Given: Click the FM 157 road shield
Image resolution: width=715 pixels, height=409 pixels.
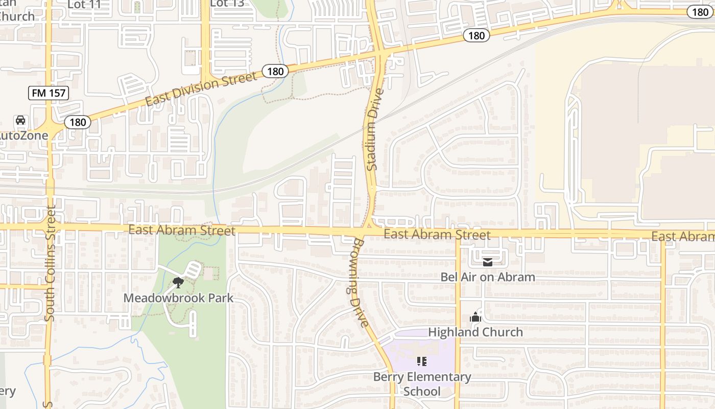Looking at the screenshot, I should point(48,93).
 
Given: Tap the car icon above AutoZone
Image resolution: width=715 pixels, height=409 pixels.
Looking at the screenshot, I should point(20,120).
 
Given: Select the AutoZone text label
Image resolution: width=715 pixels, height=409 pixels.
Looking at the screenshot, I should point(23,135).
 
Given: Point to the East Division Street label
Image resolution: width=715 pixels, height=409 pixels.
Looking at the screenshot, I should point(201,89).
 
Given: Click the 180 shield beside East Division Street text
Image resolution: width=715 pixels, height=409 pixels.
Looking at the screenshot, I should point(275,72).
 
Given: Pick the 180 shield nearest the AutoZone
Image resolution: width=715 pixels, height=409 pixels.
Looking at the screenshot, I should point(78,122).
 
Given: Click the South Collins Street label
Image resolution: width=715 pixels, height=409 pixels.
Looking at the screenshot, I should point(50,263).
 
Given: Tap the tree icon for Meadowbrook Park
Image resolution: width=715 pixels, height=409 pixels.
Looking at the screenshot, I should point(178,282).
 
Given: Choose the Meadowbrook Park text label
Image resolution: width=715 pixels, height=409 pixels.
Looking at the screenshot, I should point(178,298).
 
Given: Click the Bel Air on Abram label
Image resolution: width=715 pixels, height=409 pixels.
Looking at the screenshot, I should point(488,277).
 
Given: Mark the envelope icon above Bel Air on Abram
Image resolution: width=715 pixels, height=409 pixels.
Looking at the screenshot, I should point(488,262).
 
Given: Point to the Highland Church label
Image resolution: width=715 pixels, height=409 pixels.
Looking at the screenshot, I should point(475,332).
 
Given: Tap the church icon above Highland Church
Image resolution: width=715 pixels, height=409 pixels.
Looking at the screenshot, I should point(475,317).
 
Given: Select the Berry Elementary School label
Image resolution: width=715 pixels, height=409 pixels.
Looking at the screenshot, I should point(422,384).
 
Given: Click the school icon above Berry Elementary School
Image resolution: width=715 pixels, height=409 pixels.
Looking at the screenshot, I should point(422,361).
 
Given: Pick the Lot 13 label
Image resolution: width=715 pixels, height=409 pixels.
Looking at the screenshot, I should point(226,3).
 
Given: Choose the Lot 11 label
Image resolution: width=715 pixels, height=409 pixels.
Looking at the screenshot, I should point(84,4).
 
